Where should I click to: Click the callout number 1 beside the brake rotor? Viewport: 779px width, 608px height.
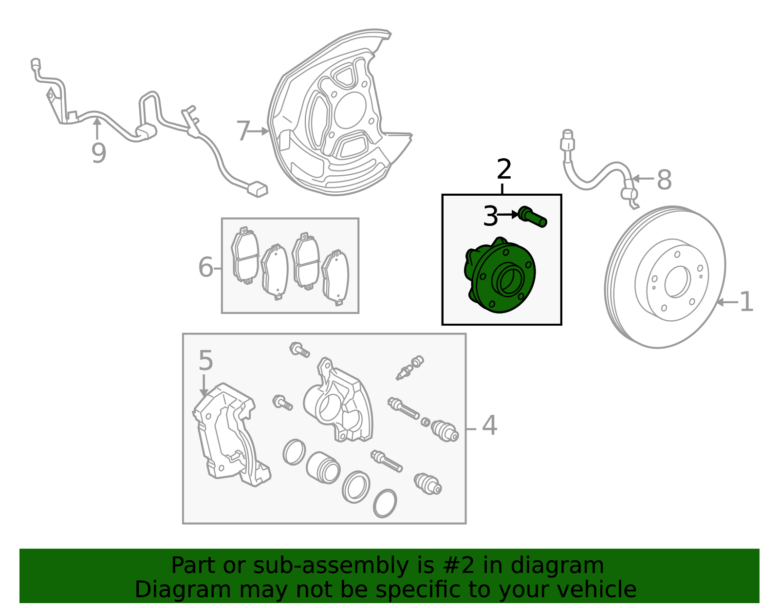pyautogui.click(x=747, y=302)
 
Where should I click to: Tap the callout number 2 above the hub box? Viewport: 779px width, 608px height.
pyautogui.click(x=504, y=169)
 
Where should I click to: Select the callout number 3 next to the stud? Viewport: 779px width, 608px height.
pyautogui.click(x=490, y=216)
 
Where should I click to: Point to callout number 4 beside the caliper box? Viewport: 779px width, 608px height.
pyautogui.click(x=489, y=425)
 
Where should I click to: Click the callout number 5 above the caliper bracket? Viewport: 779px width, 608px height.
pyautogui.click(x=206, y=360)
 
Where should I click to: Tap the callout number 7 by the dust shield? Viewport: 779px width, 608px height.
pyautogui.click(x=243, y=131)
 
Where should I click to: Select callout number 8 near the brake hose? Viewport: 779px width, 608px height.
pyautogui.click(x=664, y=180)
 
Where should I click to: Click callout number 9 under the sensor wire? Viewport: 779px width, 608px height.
pyautogui.click(x=98, y=153)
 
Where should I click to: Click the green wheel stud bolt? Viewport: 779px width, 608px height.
pyautogui.click(x=533, y=217)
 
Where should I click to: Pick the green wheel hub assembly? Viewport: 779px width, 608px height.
pyautogui.click(x=500, y=275)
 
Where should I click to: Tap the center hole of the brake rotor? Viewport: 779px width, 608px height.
pyautogui.click(x=677, y=281)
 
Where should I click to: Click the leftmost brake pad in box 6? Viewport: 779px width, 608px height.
pyautogui.click(x=245, y=255)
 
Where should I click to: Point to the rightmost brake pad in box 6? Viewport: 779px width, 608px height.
pyautogui.click(x=335, y=277)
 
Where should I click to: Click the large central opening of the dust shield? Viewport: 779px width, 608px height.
pyautogui.click(x=350, y=110)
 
